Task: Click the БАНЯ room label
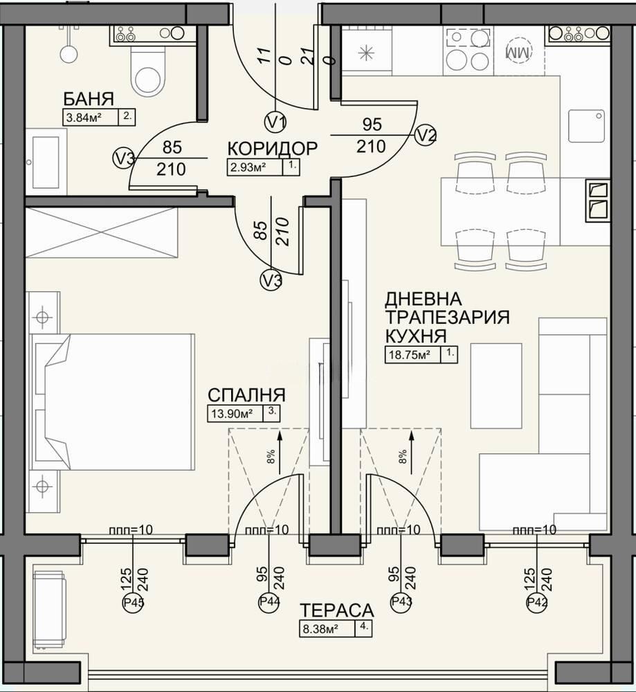pos(89,98)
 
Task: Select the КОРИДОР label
pos(272,149)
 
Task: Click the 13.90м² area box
pos(244,414)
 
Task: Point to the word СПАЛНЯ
pos(247,394)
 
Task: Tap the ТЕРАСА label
pos(337,610)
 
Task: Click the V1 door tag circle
pos(275,122)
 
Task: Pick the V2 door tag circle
pos(426,135)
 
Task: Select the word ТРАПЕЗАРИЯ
pos(448,317)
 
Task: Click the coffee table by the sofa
pos(496,385)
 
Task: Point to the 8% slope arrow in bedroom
pos(280,453)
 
